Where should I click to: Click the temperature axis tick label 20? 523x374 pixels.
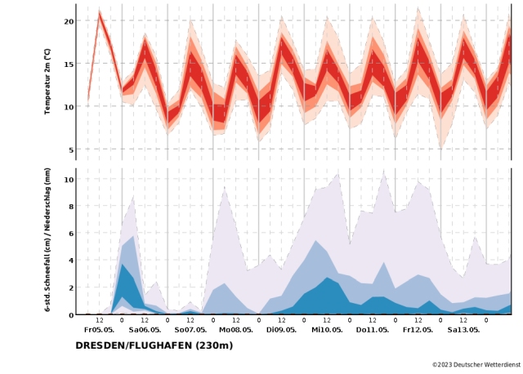69,21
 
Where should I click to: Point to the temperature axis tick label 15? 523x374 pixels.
69,64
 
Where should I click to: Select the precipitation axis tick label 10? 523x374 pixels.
69,180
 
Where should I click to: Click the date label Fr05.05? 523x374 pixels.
99,330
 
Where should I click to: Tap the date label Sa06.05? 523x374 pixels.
145,330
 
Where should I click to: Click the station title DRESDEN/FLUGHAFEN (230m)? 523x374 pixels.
154,345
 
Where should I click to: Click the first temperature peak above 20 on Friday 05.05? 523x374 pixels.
100,13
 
